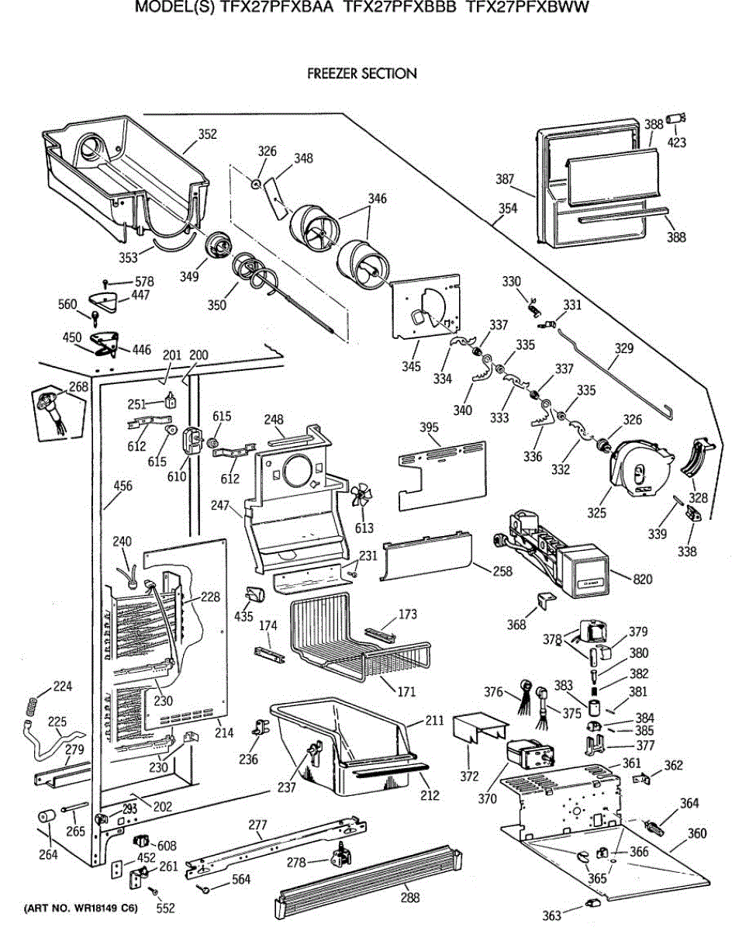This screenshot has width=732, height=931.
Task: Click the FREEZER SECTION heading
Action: coord(362,74)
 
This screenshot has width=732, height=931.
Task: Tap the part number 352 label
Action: coord(207,134)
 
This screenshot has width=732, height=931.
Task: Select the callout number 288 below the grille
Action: coord(410,898)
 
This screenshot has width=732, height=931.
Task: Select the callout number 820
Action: coord(643,579)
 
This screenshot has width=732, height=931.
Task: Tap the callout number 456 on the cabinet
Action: coord(123,486)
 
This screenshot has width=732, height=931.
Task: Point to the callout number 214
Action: coord(223,732)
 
